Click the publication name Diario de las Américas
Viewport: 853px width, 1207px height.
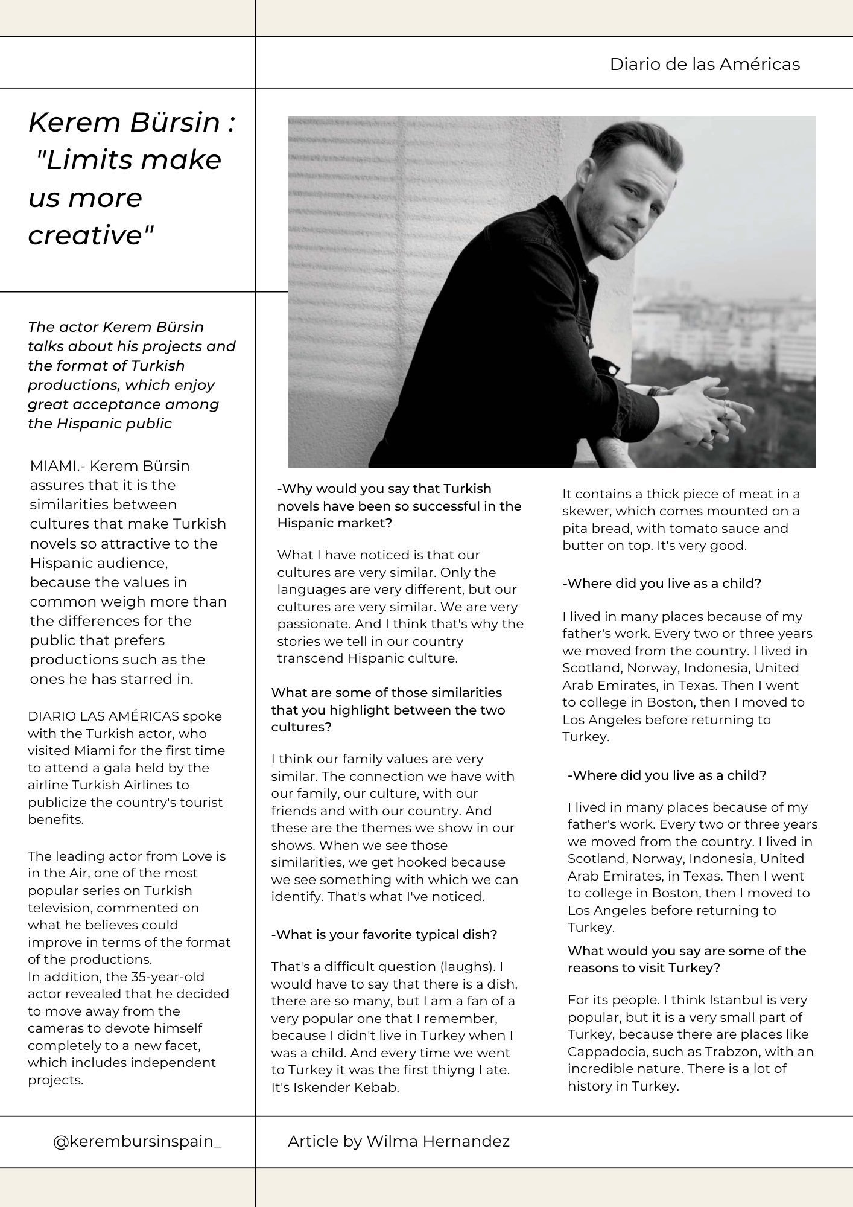pyautogui.click(x=705, y=64)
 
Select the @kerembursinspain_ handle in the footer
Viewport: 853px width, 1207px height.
pyautogui.click(x=138, y=1141)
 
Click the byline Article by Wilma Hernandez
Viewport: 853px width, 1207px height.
pyautogui.click(x=398, y=1141)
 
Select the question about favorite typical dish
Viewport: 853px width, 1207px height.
pyautogui.click(x=384, y=934)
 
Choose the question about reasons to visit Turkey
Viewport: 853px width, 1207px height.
pyautogui.click(x=687, y=959)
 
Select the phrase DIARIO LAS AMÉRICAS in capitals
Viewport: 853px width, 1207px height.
pyautogui.click(x=103, y=716)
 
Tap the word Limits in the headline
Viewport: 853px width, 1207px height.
pyautogui.click(x=91, y=160)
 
